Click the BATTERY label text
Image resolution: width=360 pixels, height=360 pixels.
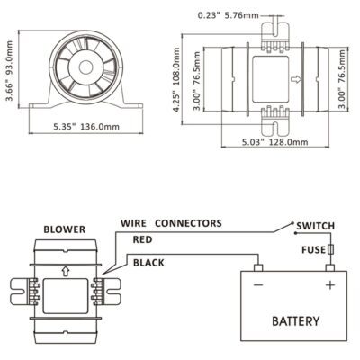[x=295, y=321]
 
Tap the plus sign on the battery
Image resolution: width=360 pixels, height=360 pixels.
[x=330, y=284]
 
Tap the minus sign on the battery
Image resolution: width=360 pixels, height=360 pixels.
[x=258, y=284]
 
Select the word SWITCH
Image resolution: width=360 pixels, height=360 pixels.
[x=315, y=226]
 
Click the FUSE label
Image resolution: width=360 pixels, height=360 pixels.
[x=313, y=249]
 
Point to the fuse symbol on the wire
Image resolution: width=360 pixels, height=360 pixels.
[x=330, y=249]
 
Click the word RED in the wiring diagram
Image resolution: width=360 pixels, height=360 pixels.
[x=142, y=239]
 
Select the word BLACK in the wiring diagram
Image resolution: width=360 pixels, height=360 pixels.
[x=148, y=263]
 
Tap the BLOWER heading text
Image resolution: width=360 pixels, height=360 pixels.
[x=65, y=229]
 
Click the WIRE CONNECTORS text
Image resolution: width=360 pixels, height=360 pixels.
[x=171, y=223]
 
